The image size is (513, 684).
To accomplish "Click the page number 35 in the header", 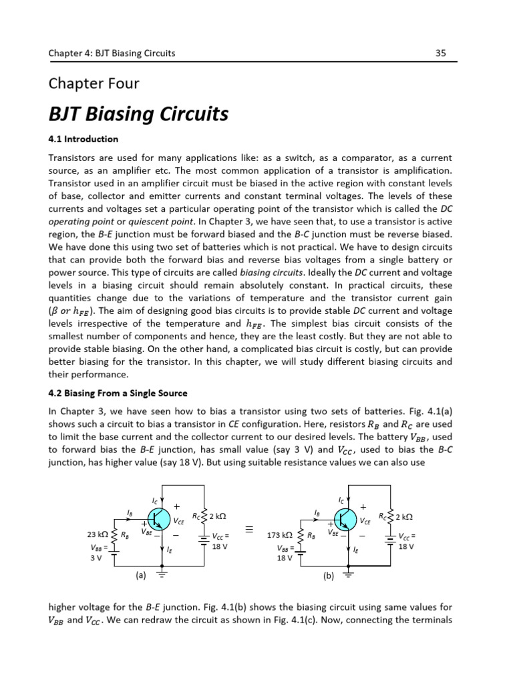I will tap(440, 53).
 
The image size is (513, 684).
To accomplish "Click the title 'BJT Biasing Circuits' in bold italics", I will tap(139, 114).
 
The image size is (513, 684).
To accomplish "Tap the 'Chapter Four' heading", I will tap(94, 83).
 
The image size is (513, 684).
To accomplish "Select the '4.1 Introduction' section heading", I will tap(83, 139).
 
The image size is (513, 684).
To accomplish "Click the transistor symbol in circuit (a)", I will tap(160, 518).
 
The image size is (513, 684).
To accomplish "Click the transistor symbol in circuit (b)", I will tap(345, 518).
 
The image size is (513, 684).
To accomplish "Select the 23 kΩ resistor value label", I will tap(98, 535).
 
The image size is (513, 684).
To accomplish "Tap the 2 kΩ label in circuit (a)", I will tap(218, 516).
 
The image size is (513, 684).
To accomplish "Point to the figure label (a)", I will tap(141, 574).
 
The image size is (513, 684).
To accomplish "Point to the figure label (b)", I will tap(328, 574).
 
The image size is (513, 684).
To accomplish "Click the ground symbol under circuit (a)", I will tap(162, 574).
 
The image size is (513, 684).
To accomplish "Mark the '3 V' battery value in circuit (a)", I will tap(96, 558).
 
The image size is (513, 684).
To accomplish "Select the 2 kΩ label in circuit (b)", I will tap(403, 516).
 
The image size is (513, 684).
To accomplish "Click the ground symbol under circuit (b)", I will tap(347, 574).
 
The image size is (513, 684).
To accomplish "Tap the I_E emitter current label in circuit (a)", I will tap(170, 551).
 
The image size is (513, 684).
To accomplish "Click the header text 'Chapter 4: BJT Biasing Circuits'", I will tap(112, 53).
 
